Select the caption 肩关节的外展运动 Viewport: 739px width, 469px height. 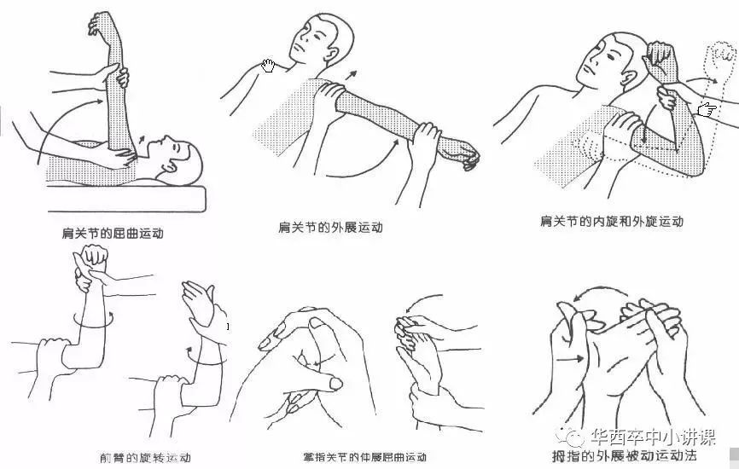[330, 228]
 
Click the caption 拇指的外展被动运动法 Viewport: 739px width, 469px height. [625, 455]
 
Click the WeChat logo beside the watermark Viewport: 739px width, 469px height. [577, 437]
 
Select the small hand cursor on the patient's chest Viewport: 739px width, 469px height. [269, 65]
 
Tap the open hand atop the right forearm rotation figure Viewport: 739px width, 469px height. [198, 298]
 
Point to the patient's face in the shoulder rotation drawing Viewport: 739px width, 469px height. [602, 64]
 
